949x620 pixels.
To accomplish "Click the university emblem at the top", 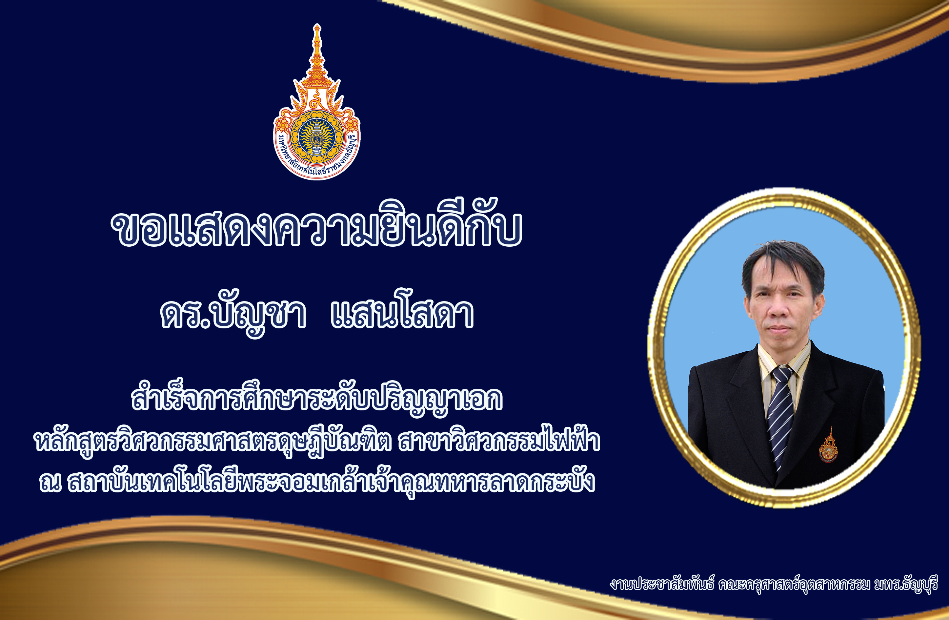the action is click(316, 102).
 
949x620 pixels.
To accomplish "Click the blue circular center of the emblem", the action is click(316, 137).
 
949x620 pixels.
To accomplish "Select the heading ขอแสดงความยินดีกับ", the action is click(316, 223).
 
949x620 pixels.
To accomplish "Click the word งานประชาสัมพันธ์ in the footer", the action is click(662, 585).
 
